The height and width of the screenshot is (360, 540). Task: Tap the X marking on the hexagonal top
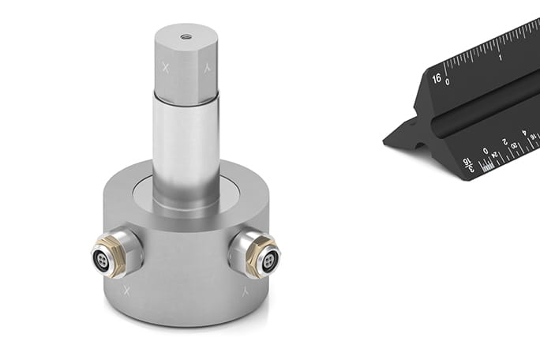coord(166,69)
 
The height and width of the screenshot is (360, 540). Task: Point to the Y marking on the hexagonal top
coord(207,69)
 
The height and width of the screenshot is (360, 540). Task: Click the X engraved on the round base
coord(126,291)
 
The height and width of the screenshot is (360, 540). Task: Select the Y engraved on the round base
coord(245,291)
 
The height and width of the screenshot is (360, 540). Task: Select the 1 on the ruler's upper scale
coord(501,57)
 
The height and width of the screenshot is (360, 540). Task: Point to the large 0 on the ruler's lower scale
coord(485,150)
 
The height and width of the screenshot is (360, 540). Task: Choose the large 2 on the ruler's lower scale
coord(504,142)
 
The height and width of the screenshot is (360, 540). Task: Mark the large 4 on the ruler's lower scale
coord(523,133)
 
